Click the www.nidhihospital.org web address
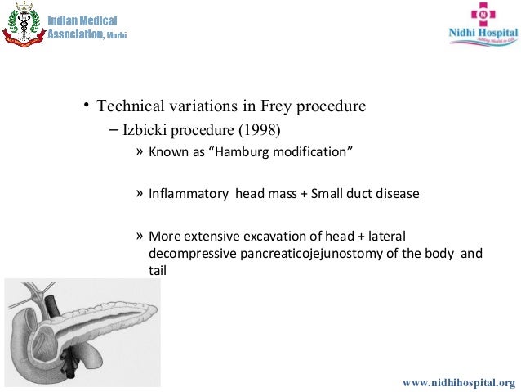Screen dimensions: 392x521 coord(460,382)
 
